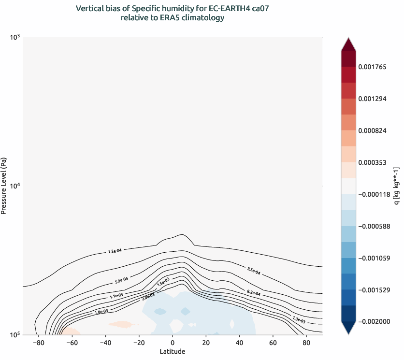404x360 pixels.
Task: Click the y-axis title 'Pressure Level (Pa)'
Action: click(4, 186)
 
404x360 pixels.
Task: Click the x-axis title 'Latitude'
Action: click(172, 352)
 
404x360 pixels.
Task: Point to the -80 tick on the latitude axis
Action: click(38, 343)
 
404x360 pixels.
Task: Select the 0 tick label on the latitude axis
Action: click(173, 343)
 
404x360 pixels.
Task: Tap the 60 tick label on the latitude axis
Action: click(273, 343)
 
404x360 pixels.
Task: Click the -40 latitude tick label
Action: click(105, 343)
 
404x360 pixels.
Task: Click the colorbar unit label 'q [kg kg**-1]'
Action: click(396, 186)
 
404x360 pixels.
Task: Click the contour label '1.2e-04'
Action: click(115, 251)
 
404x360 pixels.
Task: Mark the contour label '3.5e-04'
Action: click(254, 271)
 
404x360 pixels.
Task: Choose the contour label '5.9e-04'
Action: click(121, 279)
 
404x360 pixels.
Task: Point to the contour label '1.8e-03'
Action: click(101, 312)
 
